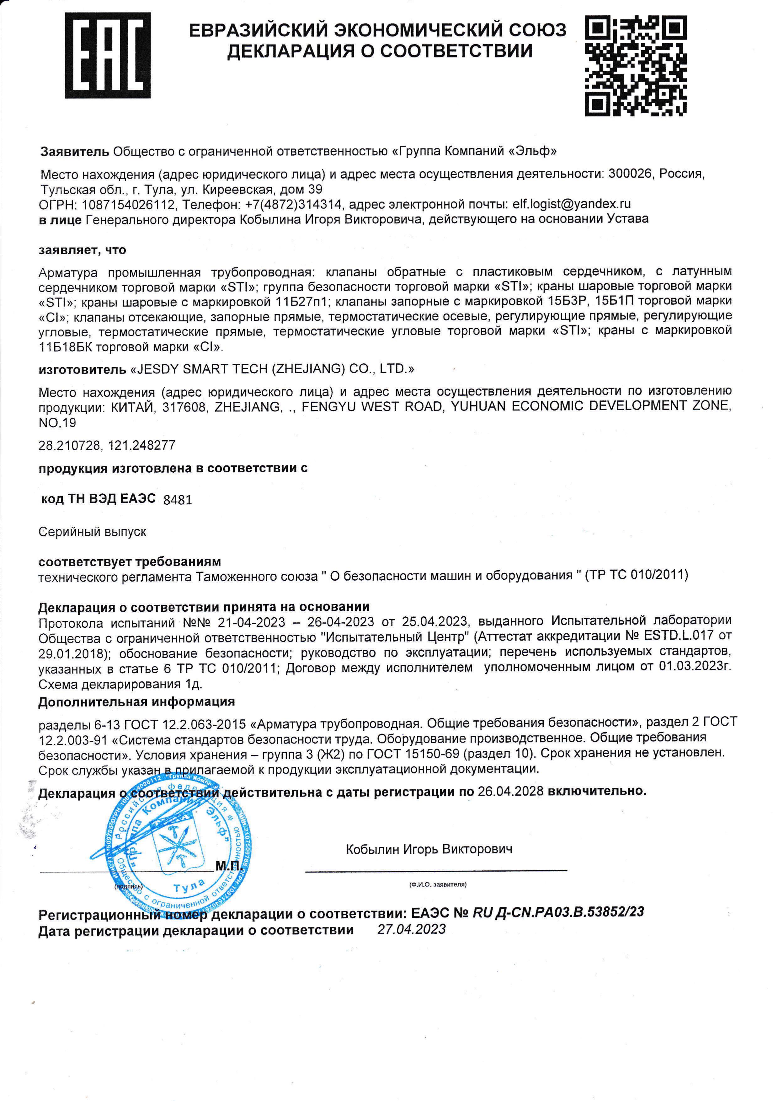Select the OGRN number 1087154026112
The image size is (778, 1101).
pos(128,205)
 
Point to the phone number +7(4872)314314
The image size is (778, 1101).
pos(293,205)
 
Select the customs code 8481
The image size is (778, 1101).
pos(177,500)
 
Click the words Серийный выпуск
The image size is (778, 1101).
pos(92,532)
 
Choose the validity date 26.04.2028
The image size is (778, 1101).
pos(510,791)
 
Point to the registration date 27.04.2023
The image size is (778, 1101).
pos(411,929)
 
